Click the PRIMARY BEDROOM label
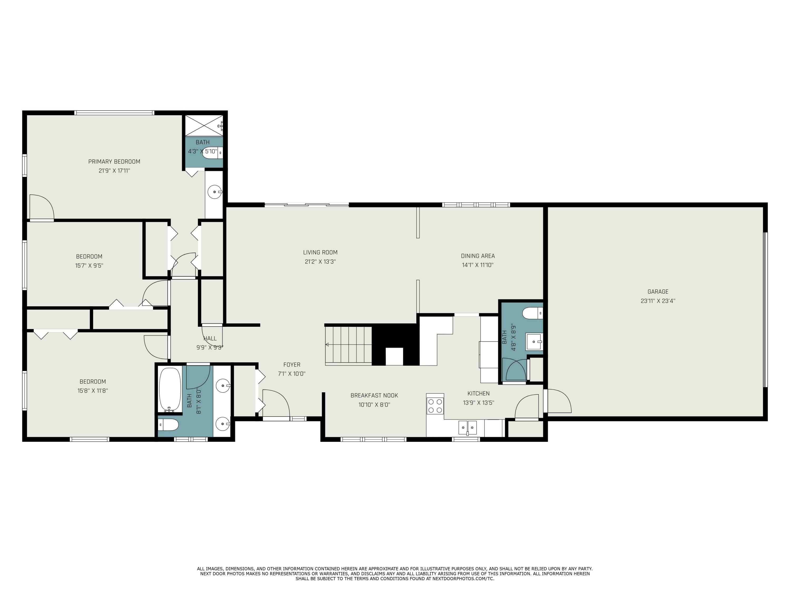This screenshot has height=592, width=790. click(x=114, y=162)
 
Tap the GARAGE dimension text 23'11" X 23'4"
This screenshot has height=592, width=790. click(x=658, y=301)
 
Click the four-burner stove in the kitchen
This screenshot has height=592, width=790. click(x=435, y=406)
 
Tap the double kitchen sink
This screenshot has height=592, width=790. click(x=467, y=427)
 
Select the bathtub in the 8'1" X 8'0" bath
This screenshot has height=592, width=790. click(x=170, y=390)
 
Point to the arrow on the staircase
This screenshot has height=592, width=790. click(x=327, y=344)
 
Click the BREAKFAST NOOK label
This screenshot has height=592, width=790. click(x=374, y=395)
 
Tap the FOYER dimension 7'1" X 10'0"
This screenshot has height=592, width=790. click(x=292, y=374)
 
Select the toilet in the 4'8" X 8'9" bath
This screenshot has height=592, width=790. click(x=532, y=313)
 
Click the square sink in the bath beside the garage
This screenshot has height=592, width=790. click(x=534, y=342)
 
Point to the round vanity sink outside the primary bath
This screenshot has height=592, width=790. click(x=215, y=192)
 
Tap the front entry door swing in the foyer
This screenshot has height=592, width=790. click(x=276, y=403)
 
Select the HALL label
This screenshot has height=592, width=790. click(x=210, y=338)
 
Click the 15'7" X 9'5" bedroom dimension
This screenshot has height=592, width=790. click(x=89, y=265)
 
